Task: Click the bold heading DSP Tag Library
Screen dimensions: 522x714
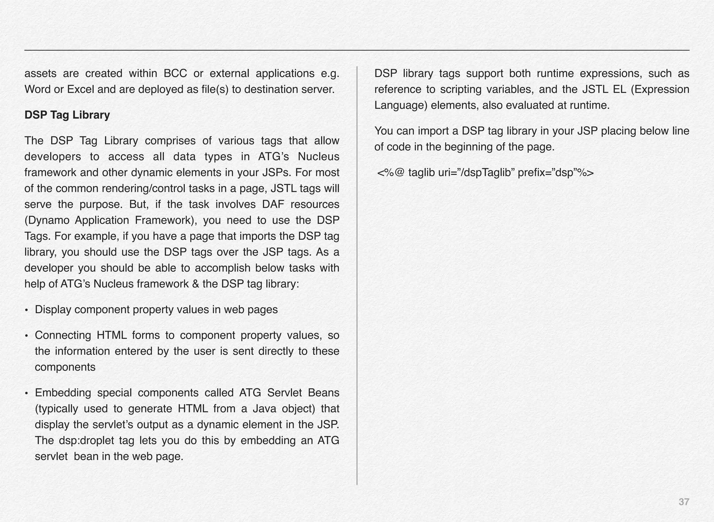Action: coord(67,115)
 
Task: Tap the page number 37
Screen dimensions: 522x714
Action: coord(684,502)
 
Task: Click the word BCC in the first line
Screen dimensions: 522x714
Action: coord(175,74)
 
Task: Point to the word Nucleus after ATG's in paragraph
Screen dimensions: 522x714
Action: coord(318,157)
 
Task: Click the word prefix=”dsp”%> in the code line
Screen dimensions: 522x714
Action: coord(555,173)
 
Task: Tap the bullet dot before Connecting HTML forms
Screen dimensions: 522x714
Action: coord(26,336)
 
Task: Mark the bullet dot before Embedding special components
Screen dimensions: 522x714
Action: coord(26,394)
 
